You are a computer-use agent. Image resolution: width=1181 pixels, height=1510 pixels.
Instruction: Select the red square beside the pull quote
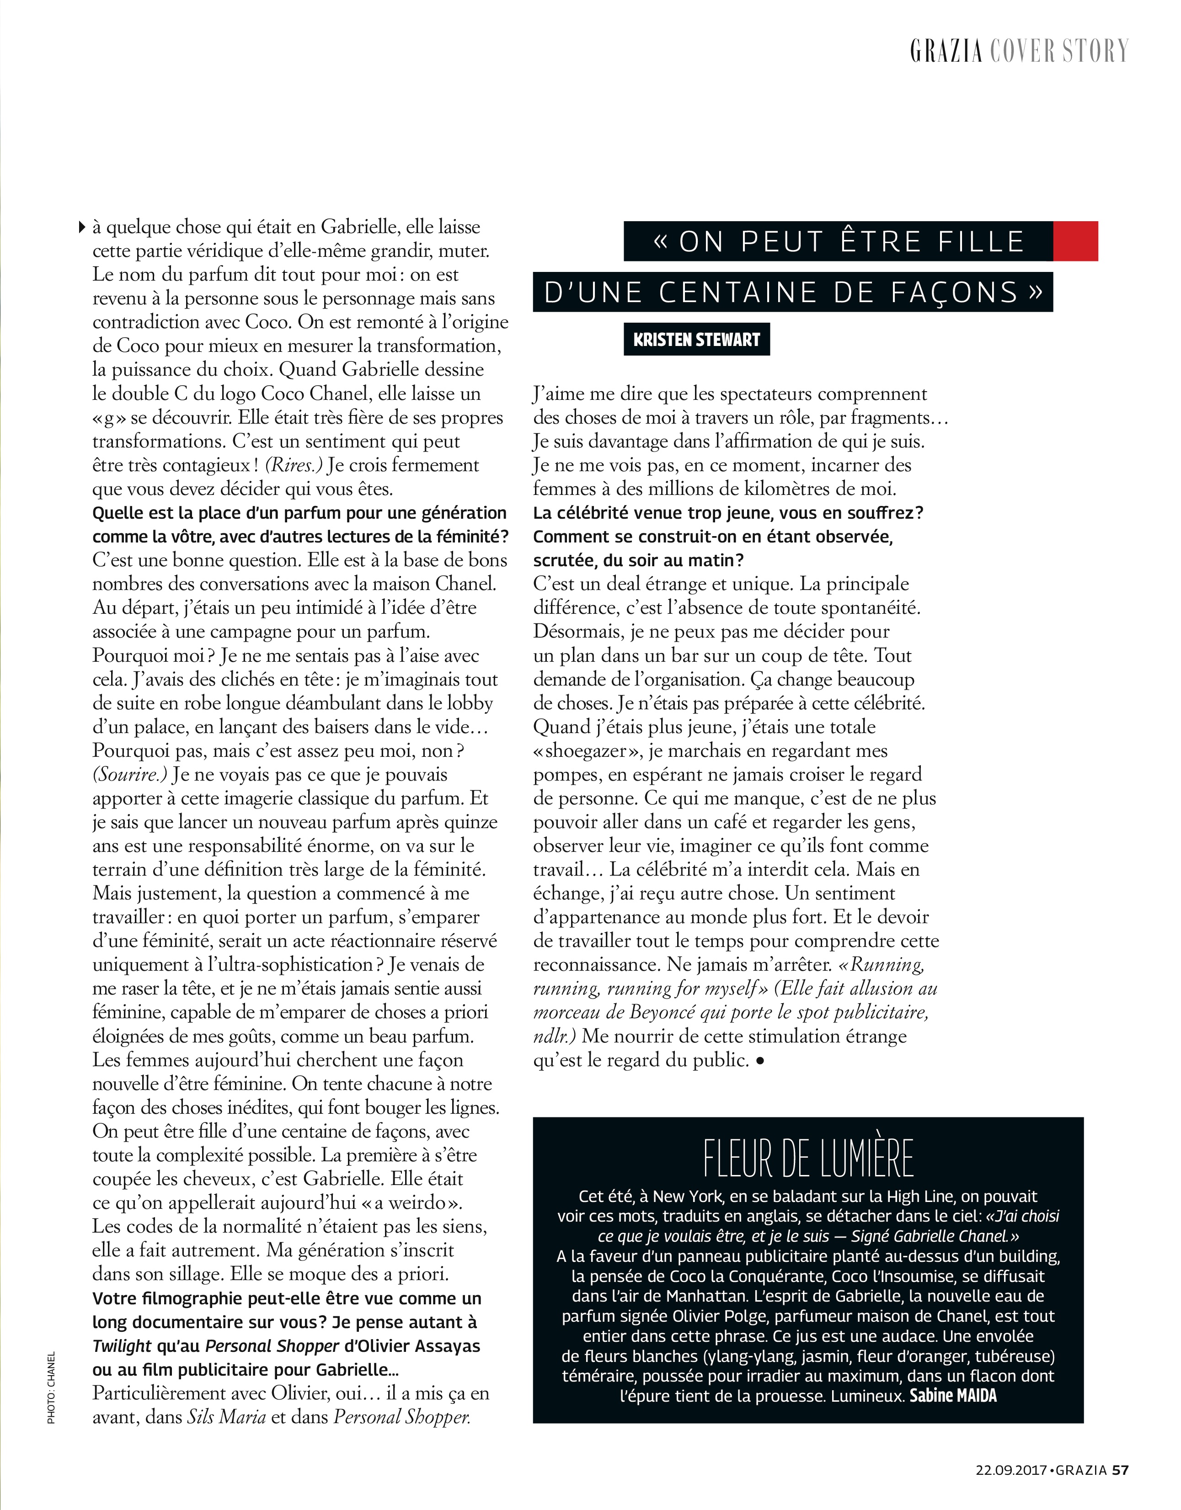[1075, 240]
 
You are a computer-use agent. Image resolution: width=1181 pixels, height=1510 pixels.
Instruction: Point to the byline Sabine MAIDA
[953, 1395]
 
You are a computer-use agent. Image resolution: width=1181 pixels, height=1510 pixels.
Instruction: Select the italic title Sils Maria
[227, 1417]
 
